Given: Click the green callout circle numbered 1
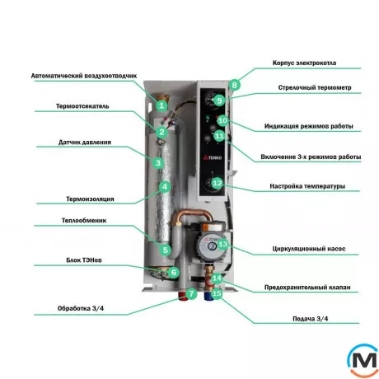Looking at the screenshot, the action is click(x=161, y=105).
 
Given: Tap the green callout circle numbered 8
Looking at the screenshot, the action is click(x=234, y=85).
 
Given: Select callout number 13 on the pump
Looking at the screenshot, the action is click(x=222, y=244).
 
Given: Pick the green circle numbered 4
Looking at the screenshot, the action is click(x=165, y=187).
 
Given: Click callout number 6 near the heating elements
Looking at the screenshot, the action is click(x=174, y=273).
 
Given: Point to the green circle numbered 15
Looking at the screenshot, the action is click(x=217, y=293).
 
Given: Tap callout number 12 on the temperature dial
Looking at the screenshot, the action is click(x=218, y=183).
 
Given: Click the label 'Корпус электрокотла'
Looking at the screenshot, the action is click(x=304, y=63).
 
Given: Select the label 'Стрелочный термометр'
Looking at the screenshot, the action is click(x=315, y=87).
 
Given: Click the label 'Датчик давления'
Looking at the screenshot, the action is click(x=85, y=143).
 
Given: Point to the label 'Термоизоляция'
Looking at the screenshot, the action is click(x=90, y=199).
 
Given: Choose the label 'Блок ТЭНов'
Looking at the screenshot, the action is click(x=84, y=260).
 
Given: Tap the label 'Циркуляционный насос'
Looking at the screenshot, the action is click(x=309, y=249).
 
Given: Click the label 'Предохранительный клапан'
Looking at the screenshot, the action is click(x=307, y=288).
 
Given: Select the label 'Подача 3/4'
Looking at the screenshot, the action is click(x=311, y=319).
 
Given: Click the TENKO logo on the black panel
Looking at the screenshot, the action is click(x=213, y=157).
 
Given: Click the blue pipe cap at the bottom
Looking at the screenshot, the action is click(x=208, y=296).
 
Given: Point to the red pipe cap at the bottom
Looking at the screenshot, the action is click(x=182, y=296).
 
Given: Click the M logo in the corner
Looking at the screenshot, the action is click(x=364, y=360).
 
